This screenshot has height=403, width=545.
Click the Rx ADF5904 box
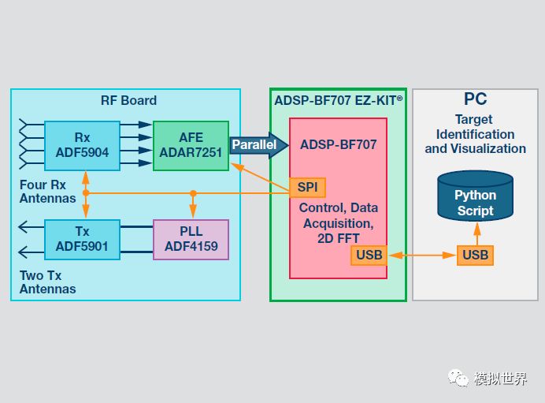(82, 145)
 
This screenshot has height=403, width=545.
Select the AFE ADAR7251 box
(191, 145)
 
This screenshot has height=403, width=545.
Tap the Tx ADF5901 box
(82, 240)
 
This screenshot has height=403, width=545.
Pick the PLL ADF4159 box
(191, 240)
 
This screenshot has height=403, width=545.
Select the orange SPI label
(306, 187)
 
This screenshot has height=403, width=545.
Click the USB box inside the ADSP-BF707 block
(369, 255)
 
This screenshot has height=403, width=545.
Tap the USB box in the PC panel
(475, 255)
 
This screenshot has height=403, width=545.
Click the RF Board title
(128, 100)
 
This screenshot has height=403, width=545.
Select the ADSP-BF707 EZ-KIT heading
(338, 100)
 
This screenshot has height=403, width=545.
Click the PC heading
(475, 99)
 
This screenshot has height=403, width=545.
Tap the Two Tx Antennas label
(48, 282)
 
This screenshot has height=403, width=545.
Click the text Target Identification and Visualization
(475, 134)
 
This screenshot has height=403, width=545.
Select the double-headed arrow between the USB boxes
(422, 255)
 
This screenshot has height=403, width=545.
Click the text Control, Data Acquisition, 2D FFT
(338, 222)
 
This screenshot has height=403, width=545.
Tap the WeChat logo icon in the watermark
(458, 379)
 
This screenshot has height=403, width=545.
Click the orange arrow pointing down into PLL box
(193, 207)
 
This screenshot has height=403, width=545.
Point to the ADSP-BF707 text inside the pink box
(338, 145)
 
